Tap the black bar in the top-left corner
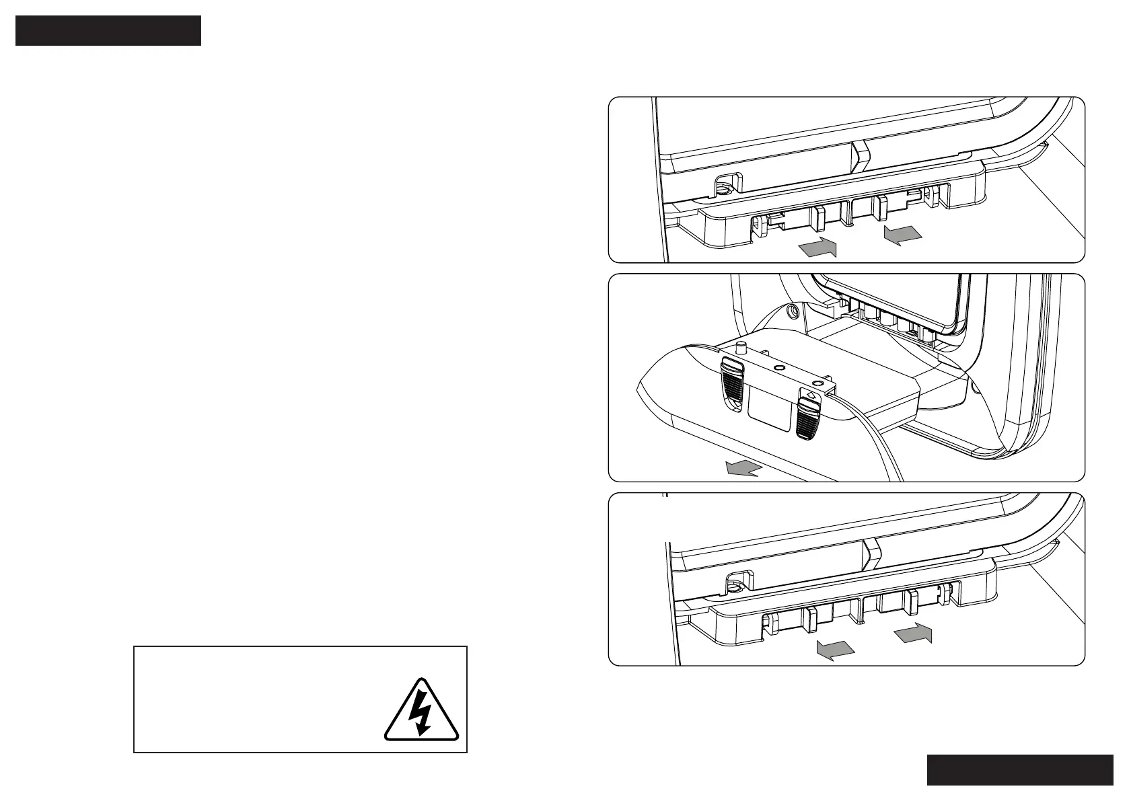tap(108, 31)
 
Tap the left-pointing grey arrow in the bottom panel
tap(835, 650)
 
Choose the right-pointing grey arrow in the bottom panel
tap(914, 633)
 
